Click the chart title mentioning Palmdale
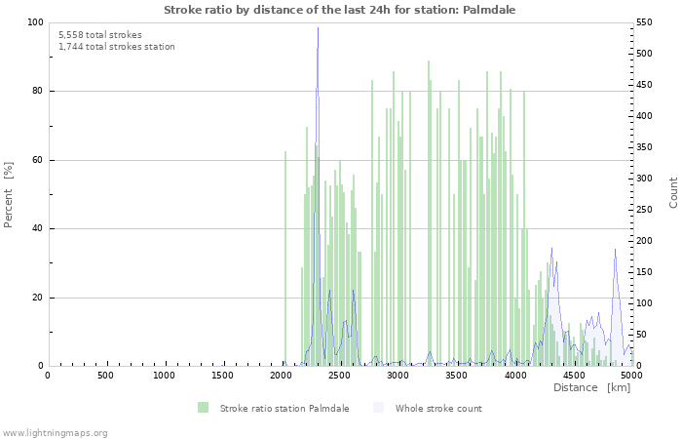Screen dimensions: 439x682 point(340,10)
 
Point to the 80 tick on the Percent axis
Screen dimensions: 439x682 point(36,92)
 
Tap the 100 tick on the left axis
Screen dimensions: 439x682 point(34,22)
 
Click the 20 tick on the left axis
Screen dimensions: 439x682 point(36,298)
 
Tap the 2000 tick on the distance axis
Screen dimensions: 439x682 point(282,375)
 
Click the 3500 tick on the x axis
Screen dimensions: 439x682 point(457,375)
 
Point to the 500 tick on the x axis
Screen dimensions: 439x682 point(105,375)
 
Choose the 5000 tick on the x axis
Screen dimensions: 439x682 point(631,375)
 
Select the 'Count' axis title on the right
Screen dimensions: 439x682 point(673,192)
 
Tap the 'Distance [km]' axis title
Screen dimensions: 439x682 point(591,387)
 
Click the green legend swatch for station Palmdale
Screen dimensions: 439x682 point(203,408)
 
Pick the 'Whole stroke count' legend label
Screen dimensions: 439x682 point(438,408)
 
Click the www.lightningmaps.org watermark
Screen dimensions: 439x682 point(55,432)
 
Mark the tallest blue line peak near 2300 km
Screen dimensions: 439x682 point(318,28)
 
